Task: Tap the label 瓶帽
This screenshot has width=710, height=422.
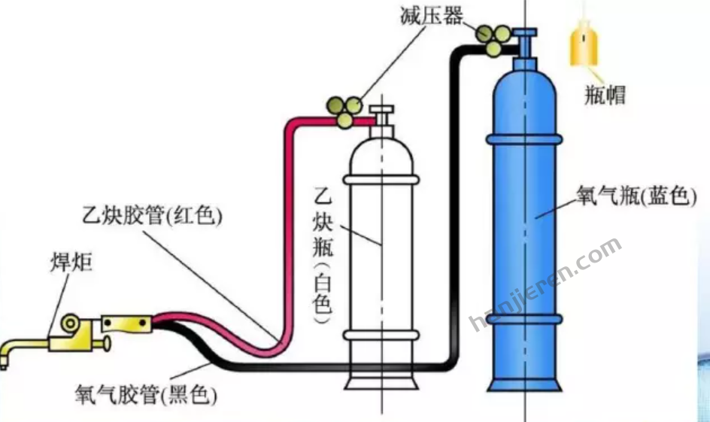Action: pos(604,95)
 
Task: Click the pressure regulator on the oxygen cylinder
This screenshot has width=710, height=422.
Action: pos(493,38)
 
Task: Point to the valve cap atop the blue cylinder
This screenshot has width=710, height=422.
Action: pos(524,40)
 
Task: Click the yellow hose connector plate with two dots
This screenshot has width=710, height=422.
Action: pos(126,324)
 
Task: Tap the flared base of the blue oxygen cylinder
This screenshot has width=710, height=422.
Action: pos(523,380)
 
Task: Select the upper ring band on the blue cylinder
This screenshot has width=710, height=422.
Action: pos(523,140)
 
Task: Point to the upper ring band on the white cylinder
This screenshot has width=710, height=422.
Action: pos(381,179)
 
